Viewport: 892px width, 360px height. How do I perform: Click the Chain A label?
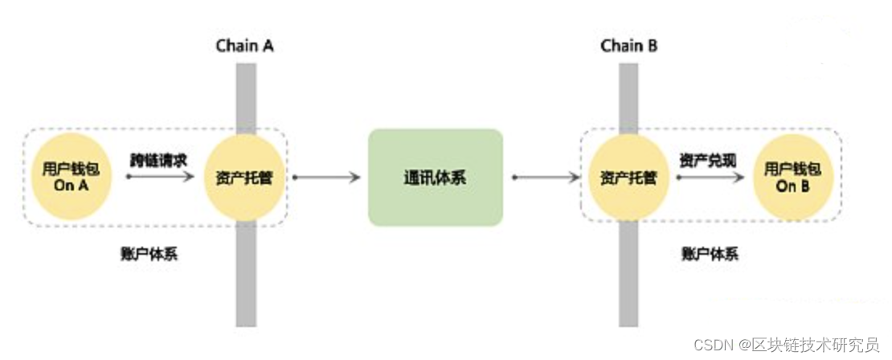pyautogui.click(x=245, y=45)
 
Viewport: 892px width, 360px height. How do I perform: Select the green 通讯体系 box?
pyautogui.click(x=436, y=177)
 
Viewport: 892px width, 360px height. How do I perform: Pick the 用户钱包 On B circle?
pyautogui.click(x=792, y=177)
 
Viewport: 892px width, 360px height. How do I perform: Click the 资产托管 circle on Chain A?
pyautogui.click(x=245, y=177)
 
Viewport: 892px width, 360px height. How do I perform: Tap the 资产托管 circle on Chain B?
pyautogui.click(x=629, y=177)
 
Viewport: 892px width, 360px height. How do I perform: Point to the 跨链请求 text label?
pyautogui.click(x=159, y=158)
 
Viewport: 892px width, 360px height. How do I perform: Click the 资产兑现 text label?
pyautogui.click(x=706, y=158)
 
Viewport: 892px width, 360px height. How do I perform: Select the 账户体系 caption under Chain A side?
pyautogui.click(x=149, y=255)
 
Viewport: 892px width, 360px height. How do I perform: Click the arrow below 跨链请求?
pyautogui.click(x=160, y=176)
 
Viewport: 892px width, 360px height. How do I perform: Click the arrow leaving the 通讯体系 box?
pyautogui.click(x=544, y=176)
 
